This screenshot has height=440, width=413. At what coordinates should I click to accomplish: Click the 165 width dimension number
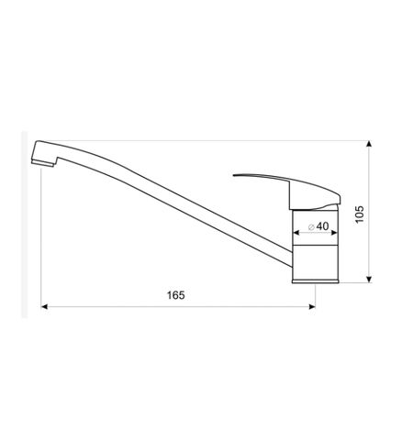177,295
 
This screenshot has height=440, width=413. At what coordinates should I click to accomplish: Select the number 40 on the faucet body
321,225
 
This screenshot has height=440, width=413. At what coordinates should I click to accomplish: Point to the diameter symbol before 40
311,225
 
